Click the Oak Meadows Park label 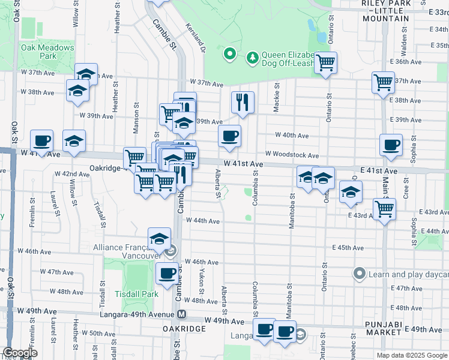(x=47, y=52)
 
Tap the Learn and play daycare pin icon (x=360, y=274)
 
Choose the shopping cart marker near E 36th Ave (x=325, y=62)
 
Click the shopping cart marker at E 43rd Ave (x=384, y=209)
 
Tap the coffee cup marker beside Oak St (x=41, y=141)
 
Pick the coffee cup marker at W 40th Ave (x=229, y=136)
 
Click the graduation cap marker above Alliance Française (x=160, y=239)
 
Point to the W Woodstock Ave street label (x=297, y=155)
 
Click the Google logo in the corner (x=20, y=353)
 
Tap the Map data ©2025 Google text (x=411, y=355)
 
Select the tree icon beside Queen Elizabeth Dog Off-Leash (x=253, y=57)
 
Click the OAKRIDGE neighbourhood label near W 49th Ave (x=184, y=329)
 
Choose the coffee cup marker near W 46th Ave (x=167, y=273)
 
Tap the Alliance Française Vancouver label (x=128, y=251)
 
